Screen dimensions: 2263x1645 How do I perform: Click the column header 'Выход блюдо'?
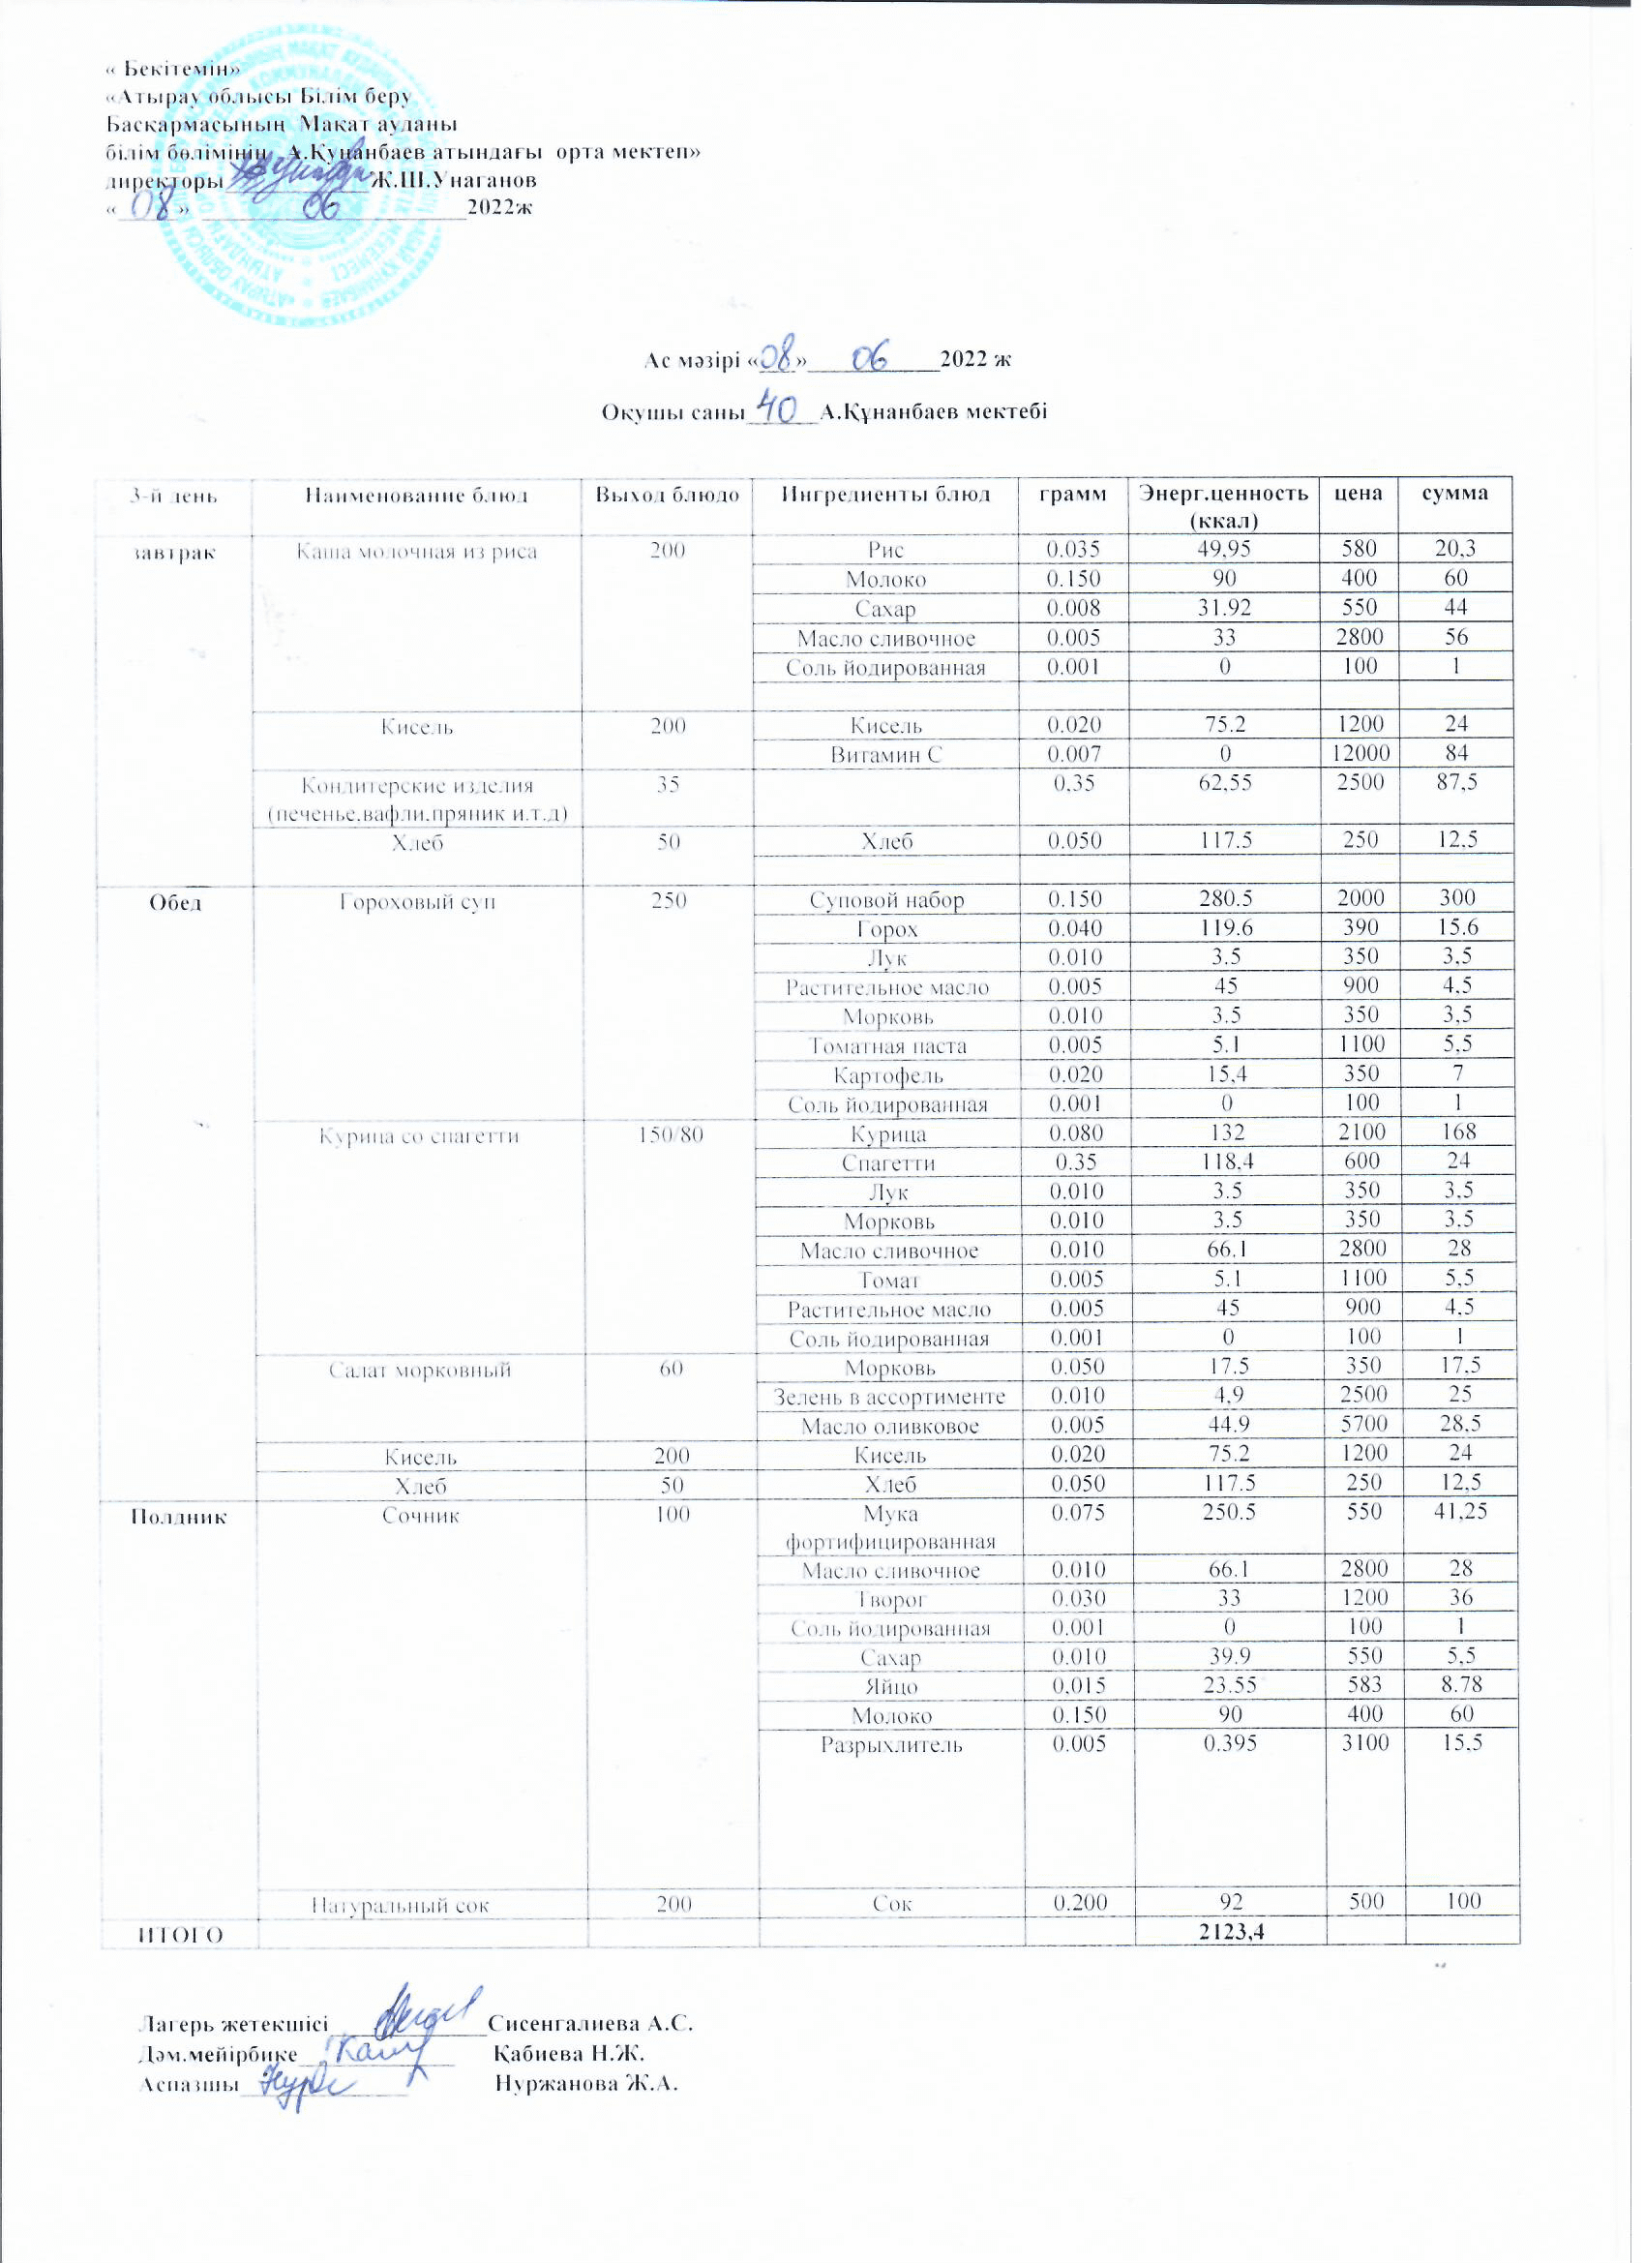click(668, 496)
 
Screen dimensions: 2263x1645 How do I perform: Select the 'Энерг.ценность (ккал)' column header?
click(1224, 505)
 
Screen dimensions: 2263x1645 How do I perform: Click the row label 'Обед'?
click(175, 902)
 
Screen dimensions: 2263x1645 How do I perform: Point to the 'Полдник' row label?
click(180, 1517)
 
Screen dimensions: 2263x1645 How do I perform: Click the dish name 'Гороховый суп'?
click(417, 902)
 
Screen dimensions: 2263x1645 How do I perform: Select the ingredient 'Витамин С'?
click(885, 755)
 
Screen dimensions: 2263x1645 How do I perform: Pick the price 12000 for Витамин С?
click(1361, 753)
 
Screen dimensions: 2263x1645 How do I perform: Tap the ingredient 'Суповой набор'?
click(886, 900)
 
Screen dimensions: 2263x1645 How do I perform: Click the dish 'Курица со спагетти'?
click(419, 1135)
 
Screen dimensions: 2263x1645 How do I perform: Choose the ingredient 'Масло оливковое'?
click(889, 1427)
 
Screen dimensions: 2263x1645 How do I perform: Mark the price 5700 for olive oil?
click(1362, 1425)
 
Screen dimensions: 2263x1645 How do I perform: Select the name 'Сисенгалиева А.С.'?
click(589, 2024)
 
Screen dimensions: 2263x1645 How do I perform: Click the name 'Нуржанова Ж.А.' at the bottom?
click(586, 2083)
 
